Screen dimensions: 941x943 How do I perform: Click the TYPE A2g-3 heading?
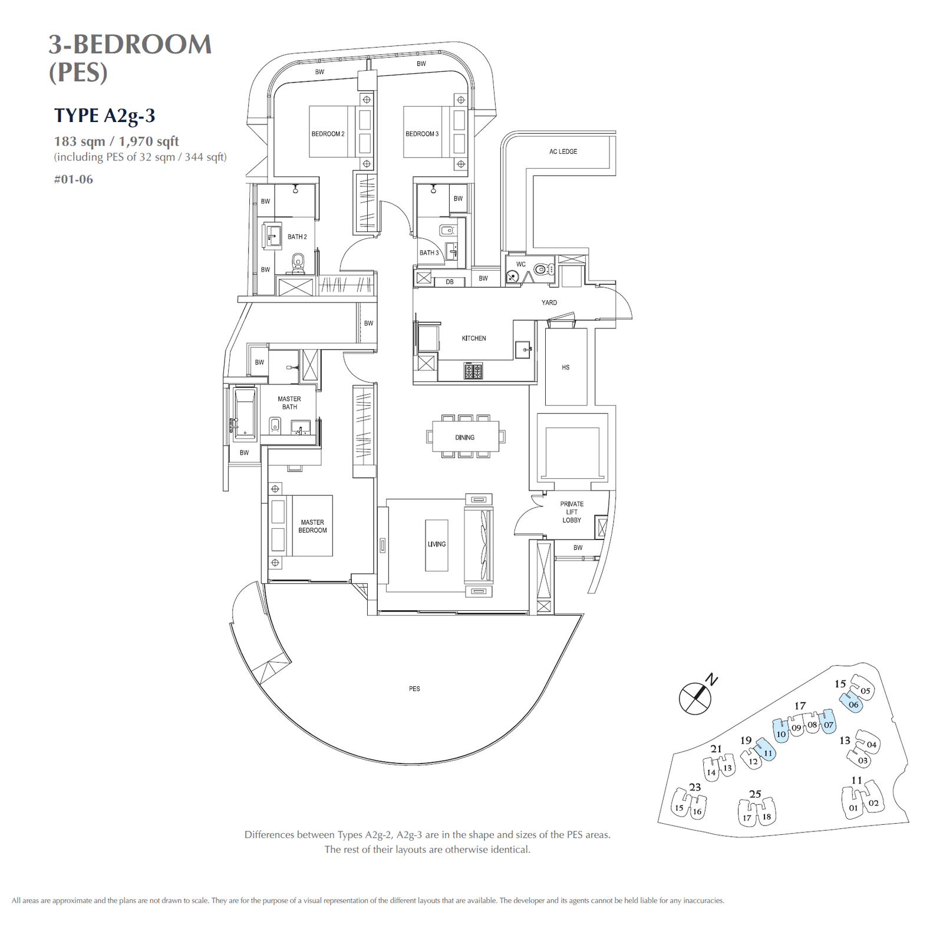pyautogui.click(x=104, y=116)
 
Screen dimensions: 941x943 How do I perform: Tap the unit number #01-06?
pyautogui.click(x=73, y=179)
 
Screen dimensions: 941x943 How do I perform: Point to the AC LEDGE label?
pyautogui.click(x=563, y=152)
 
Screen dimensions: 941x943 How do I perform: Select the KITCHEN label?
pyautogui.click(x=474, y=338)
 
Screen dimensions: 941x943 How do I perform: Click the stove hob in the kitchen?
pyautogui.click(x=473, y=371)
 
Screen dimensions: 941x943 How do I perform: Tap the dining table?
pyautogui.click(x=465, y=437)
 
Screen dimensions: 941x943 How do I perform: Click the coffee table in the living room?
pyautogui.click(x=437, y=545)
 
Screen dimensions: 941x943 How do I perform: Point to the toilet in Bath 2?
pyautogui.click(x=298, y=262)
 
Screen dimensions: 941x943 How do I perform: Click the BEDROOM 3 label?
pyautogui.click(x=422, y=134)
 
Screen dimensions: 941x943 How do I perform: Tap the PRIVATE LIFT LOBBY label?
pyautogui.click(x=572, y=512)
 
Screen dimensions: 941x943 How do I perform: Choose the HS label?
pyautogui.click(x=566, y=367)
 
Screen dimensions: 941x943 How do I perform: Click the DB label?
pyautogui.click(x=450, y=282)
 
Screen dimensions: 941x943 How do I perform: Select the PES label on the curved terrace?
pyautogui.click(x=414, y=689)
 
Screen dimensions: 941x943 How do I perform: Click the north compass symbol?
pyautogui.click(x=695, y=698)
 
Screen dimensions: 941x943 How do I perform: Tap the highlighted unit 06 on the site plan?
pyautogui.click(x=853, y=704)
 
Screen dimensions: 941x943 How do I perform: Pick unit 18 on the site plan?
pyautogui.click(x=766, y=817)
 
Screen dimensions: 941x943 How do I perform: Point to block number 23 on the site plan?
pyautogui.click(x=695, y=787)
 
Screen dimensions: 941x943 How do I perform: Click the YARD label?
pyautogui.click(x=549, y=302)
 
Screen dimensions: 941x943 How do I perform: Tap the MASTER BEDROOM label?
pyautogui.click(x=312, y=526)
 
